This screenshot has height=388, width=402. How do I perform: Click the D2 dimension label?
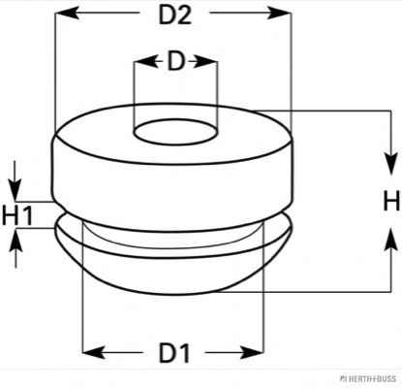[x=175, y=15]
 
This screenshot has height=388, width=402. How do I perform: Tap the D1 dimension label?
[x=174, y=352]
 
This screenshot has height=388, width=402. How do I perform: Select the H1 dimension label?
[x=17, y=215]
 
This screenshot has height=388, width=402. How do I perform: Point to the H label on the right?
[x=391, y=201]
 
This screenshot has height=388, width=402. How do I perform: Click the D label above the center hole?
[x=175, y=61]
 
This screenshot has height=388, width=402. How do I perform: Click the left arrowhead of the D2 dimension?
[x=67, y=13]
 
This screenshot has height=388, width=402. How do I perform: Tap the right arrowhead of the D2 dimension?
[x=279, y=13]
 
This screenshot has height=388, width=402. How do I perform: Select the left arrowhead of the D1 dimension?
[x=94, y=352]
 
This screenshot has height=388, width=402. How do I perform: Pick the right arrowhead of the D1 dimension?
[x=252, y=352]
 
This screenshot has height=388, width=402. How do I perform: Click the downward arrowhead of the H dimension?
[x=391, y=163]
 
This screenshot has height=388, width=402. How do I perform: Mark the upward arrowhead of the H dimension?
[x=391, y=239]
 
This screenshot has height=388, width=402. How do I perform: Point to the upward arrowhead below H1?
[x=15, y=240]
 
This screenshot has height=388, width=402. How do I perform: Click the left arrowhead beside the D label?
[x=145, y=61]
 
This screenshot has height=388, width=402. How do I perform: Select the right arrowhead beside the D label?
[x=205, y=61]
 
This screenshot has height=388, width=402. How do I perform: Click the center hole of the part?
[x=175, y=132]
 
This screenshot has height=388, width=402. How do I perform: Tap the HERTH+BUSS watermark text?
[x=368, y=378]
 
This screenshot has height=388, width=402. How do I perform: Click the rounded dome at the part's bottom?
[x=174, y=275]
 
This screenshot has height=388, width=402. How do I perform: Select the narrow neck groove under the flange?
[x=174, y=240]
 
